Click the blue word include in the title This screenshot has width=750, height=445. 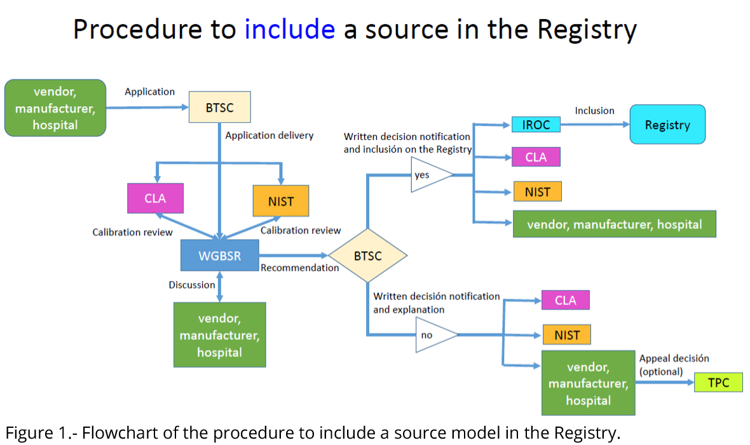(x=289, y=29)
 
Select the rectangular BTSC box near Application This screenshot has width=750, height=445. (x=220, y=107)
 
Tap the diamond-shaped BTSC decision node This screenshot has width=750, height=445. (x=367, y=256)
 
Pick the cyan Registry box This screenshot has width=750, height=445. (x=667, y=125)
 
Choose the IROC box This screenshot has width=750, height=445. (x=536, y=125)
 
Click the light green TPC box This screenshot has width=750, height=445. (x=718, y=383)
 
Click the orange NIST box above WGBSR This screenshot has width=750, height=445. (x=281, y=201)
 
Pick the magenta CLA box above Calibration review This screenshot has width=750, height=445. (x=155, y=198)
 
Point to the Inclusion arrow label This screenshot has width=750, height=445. (x=594, y=111)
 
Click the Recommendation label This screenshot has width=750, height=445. (x=299, y=268)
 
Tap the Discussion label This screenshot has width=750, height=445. (x=192, y=285)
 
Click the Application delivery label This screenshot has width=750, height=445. (x=269, y=135)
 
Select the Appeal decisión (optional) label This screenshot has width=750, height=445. (x=674, y=365)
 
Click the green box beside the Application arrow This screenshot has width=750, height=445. (x=55, y=108)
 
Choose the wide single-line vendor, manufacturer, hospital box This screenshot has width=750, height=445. (x=614, y=224)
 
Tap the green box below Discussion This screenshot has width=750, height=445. (x=219, y=335)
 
